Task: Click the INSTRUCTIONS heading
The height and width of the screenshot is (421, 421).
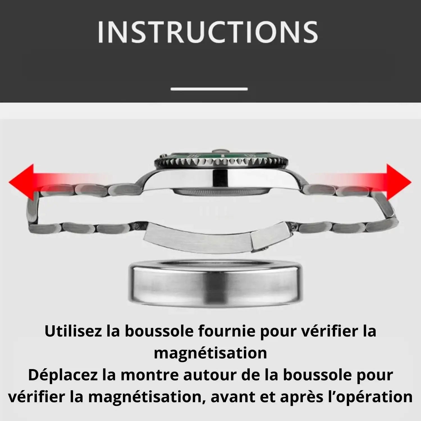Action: click(x=208, y=32)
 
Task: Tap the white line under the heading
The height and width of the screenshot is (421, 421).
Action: click(x=209, y=89)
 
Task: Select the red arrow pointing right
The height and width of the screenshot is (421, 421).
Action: click(x=365, y=182)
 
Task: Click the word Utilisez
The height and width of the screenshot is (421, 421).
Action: click(x=74, y=331)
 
